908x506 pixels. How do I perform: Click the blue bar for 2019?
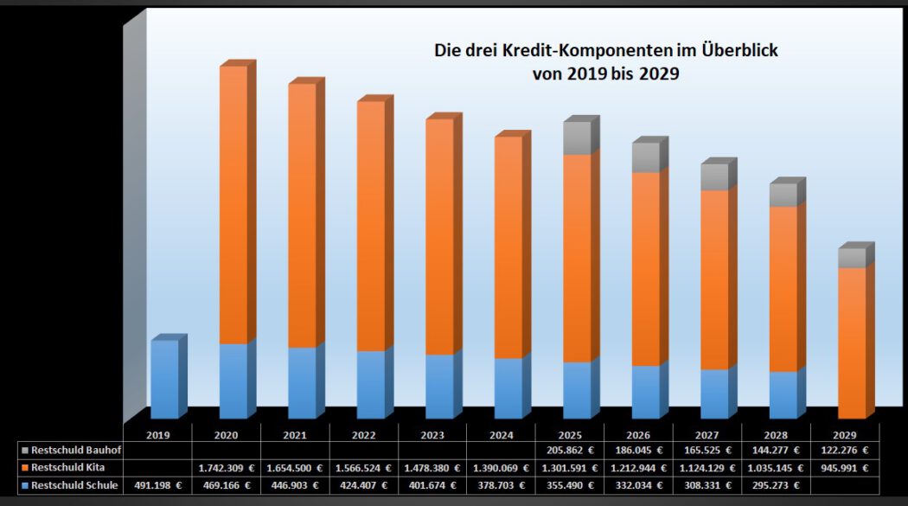click(164, 379)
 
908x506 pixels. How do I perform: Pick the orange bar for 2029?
click(852, 343)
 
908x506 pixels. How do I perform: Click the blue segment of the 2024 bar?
click(508, 388)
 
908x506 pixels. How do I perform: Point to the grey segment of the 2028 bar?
click(783, 195)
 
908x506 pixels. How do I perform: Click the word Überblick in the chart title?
click(738, 51)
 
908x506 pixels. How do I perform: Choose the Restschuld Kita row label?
click(68, 468)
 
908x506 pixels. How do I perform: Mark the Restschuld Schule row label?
click(74, 485)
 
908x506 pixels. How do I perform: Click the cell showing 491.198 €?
click(157, 485)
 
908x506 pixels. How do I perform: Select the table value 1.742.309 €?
click(226, 468)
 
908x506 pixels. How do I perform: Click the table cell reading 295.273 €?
click(776, 485)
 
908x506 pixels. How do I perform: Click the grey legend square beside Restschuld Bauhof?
click(26, 451)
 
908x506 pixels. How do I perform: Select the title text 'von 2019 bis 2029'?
click(605, 74)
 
